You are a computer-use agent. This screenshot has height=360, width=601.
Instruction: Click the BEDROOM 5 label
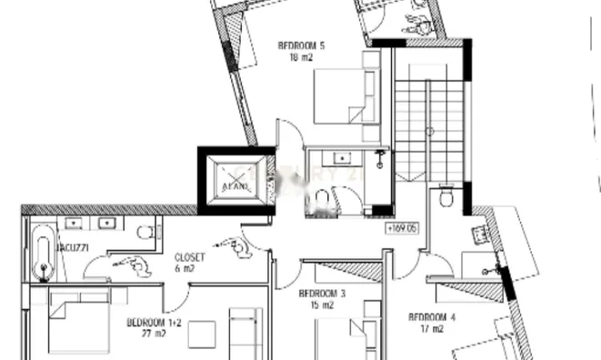(x=301, y=45)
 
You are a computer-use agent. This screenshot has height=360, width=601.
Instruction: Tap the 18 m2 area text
(x=301, y=56)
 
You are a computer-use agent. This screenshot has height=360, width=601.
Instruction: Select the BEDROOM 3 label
(x=323, y=294)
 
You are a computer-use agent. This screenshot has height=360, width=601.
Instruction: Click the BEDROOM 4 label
(x=432, y=317)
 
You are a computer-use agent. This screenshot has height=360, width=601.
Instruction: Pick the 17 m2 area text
(x=432, y=329)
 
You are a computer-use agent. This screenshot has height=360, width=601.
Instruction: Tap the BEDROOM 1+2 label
(x=154, y=323)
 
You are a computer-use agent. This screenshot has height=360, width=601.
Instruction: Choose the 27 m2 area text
(x=151, y=334)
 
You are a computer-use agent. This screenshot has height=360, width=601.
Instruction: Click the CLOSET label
(x=190, y=257)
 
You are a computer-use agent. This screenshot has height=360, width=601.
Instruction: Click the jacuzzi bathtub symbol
(x=42, y=255)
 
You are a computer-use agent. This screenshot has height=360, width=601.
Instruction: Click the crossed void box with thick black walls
(x=234, y=180)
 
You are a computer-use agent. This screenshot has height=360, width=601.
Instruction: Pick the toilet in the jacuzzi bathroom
(x=145, y=233)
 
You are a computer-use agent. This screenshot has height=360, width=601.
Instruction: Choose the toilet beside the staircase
(x=447, y=196)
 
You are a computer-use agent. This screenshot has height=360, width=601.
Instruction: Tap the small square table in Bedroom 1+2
(x=202, y=335)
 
